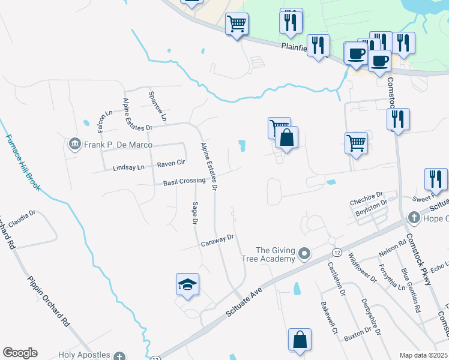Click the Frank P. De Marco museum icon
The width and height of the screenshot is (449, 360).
click(x=75, y=145)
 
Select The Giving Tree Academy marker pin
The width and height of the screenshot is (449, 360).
click(x=304, y=254)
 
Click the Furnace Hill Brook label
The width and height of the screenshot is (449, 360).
click(x=22, y=161)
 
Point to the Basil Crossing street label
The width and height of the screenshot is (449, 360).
click(x=184, y=181)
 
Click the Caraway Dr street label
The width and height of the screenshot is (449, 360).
click(x=217, y=239)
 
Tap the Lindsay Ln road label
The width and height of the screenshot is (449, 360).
click(x=128, y=169)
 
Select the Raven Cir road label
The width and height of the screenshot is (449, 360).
click(x=171, y=163)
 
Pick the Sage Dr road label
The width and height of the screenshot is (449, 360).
click(x=194, y=213)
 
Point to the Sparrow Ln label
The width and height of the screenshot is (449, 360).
click(x=157, y=103)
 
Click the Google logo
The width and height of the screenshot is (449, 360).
click(x=20, y=353)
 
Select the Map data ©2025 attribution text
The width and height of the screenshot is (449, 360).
click(x=423, y=355)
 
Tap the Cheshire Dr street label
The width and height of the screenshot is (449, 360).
click(x=367, y=195)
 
